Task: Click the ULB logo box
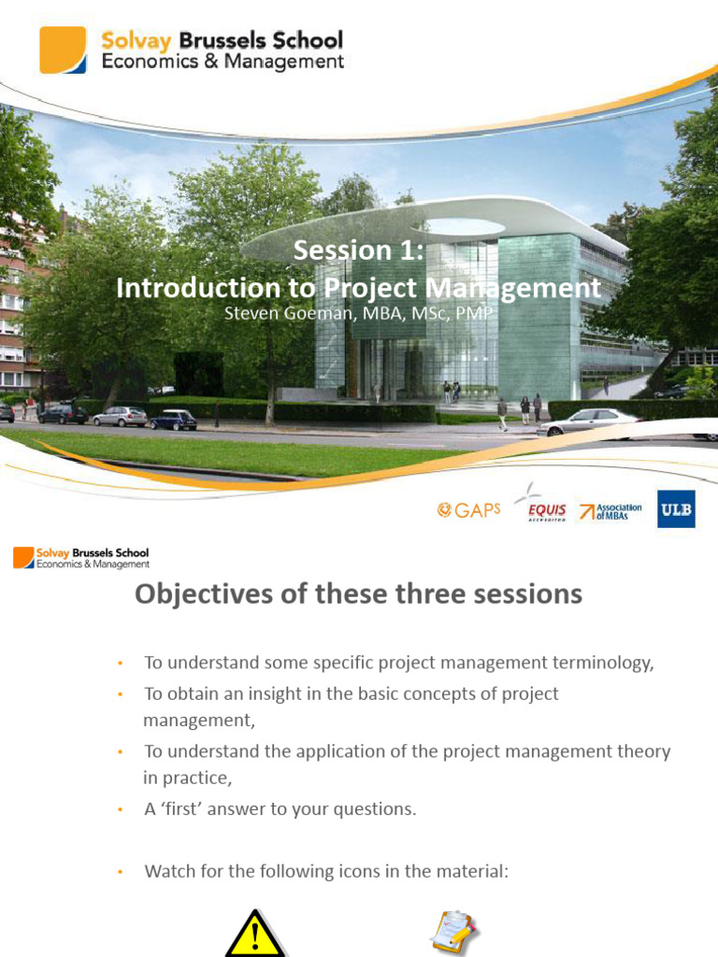coord(676,509)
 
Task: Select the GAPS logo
coord(469,509)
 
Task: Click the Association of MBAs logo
coord(610,511)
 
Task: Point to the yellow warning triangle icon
coord(255,934)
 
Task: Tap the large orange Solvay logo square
coord(63,50)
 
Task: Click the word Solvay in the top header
coord(136,41)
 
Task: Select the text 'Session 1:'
coord(358,250)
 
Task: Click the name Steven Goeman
coord(288,313)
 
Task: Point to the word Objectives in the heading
coord(203,593)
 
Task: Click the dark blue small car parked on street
coord(173,420)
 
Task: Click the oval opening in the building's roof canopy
coord(458,227)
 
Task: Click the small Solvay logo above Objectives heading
coord(81,558)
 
